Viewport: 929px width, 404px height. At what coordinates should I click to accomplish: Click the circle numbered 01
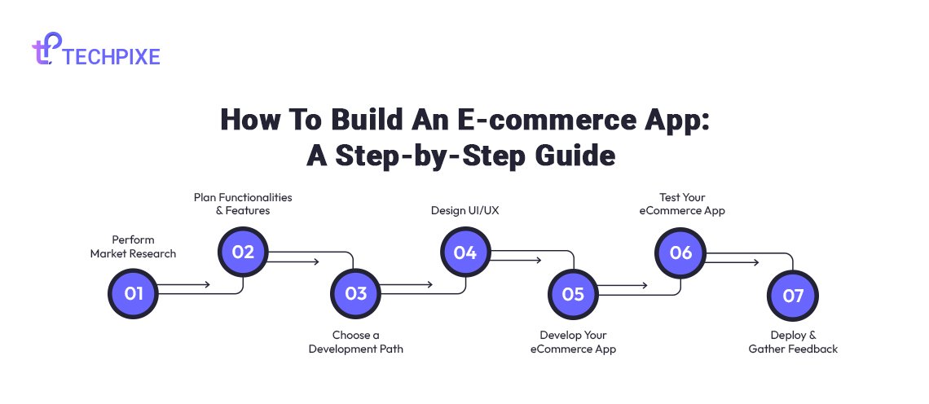pos(134,293)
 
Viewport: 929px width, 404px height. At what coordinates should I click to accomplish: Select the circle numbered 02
pos(243,253)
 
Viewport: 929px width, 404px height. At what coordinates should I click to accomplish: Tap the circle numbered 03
pos(355,293)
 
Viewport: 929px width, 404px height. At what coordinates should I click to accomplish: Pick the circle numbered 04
pos(465,253)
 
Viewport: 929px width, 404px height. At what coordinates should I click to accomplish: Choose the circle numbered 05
pos(573,294)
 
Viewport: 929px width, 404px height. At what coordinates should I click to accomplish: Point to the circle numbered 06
pos(680,253)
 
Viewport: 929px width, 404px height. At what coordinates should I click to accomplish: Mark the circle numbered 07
pos(793,296)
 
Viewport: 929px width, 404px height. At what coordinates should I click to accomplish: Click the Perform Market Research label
pos(134,247)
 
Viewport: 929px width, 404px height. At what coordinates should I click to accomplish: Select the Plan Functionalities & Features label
pos(243,204)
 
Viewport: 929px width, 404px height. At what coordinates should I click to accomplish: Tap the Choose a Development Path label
pos(355,342)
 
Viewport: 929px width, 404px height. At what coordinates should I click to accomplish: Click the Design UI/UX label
pos(465,210)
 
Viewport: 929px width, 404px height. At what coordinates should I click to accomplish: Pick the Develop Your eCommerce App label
pos(573,342)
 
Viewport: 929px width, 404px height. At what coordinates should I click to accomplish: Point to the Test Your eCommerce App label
pos(682,204)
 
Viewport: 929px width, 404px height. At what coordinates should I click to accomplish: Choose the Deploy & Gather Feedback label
pos(793,342)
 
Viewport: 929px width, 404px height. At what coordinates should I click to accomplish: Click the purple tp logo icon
pos(46,48)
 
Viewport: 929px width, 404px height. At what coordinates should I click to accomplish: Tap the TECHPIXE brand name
pos(112,56)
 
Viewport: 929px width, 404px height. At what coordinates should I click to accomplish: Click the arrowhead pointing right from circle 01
pos(207,285)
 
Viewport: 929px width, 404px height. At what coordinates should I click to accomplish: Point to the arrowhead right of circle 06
pos(755,261)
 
